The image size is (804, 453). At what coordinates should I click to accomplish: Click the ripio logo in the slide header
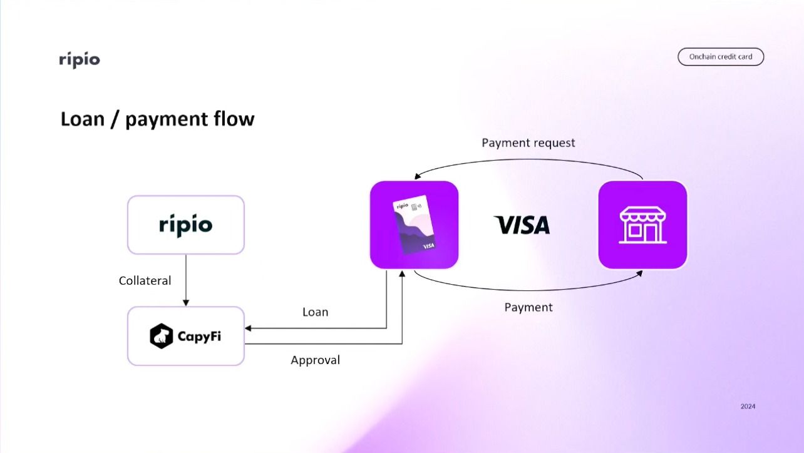[x=80, y=60]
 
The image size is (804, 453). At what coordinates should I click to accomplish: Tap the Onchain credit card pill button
[x=721, y=57]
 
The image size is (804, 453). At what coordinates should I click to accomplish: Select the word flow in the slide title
[x=234, y=119]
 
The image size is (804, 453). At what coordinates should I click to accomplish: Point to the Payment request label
[x=528, y=143]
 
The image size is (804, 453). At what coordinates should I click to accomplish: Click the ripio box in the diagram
[x=185, y=225]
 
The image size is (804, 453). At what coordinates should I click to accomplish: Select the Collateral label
[x=145, y=281]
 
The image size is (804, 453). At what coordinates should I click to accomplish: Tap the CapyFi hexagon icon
[x=161, y=336]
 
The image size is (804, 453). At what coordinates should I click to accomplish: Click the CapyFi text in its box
[x=198, y=336]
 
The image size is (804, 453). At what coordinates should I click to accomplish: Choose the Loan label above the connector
[x=315, y=312]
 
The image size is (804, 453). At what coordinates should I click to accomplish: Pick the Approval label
[x=315, y=360]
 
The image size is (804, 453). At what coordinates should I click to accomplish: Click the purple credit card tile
[x=414, y=225]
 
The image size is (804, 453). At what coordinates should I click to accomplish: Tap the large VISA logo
[x=522, y=225]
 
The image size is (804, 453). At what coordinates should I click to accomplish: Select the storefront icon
[x=642, y=225]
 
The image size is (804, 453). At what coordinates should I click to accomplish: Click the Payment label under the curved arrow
[x=528, y=307]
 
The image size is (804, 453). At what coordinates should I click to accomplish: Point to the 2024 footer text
[x=748, y=407]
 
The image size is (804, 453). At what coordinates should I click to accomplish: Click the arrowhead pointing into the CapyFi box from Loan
[x=248, y=328]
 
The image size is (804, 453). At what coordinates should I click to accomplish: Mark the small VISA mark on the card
[x=429, y=246]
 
